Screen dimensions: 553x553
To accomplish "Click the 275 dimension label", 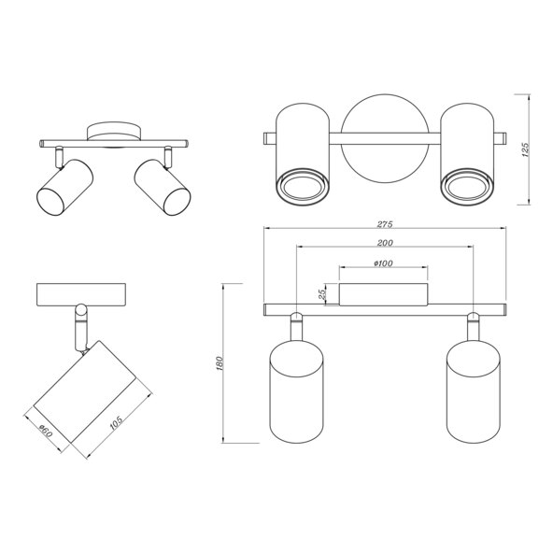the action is tap(385, 224).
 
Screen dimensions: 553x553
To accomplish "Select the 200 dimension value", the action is tap(385, 243).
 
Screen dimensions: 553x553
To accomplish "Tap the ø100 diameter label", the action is tap(383, 263).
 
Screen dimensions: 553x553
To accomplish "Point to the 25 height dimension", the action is tap(321, 294).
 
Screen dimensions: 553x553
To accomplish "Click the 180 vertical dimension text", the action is tap(220, 363).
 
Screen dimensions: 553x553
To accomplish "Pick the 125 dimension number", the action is tap(526, 149).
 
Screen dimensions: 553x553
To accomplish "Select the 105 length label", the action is tap(117, 422).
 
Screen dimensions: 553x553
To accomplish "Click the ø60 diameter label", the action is tap(46, 431).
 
